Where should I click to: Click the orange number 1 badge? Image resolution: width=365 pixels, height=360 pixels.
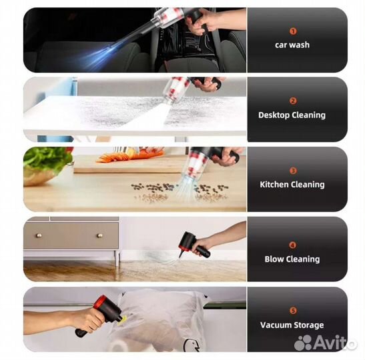point(293,31)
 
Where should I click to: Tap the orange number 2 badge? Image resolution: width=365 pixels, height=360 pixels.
point(293,101)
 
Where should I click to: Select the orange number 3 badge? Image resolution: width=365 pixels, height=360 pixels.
point(293,171)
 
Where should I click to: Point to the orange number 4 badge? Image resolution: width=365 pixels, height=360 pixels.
point(293,245)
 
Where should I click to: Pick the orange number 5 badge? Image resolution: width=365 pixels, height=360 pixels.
point(293,311)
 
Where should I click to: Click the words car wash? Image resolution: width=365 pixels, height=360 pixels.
point(292,45)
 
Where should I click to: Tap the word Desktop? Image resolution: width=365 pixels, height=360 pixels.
point(274,115)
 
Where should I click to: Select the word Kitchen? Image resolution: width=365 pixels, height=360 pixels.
point(274,185)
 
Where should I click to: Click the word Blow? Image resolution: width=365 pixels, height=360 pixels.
point(274,259)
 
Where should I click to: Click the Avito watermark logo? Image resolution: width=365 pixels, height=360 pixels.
point(326,343)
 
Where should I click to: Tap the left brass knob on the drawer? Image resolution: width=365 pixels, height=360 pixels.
point(39,235)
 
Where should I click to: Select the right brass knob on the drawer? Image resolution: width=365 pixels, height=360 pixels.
point(99,236)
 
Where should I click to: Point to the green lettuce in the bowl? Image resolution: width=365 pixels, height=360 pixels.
point(47,159)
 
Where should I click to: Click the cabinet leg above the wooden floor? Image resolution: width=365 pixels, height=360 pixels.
point(117,258)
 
